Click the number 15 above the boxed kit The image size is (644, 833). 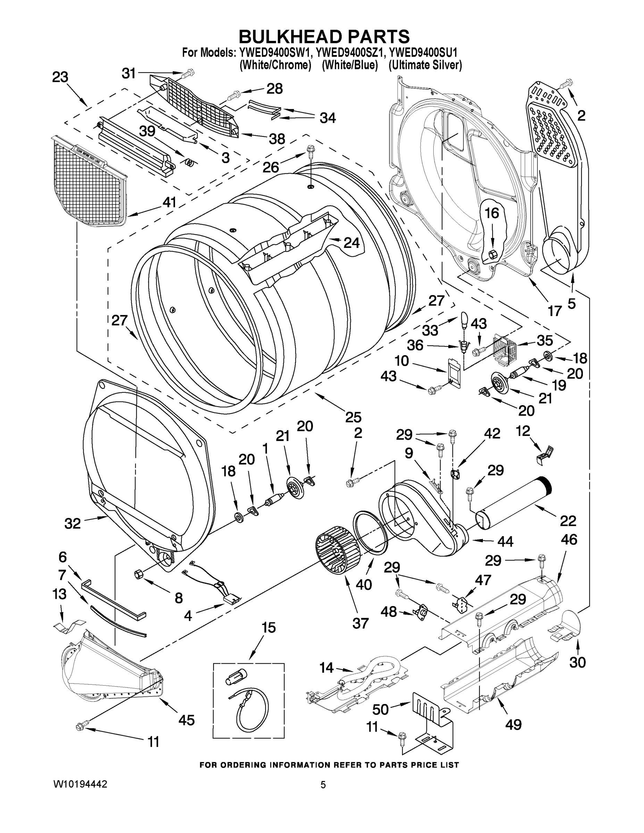pos(269,627)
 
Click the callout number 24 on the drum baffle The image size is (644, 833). pos(351,243)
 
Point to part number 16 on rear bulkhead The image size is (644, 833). pos(492,213)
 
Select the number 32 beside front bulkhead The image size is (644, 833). pos(73,523)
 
